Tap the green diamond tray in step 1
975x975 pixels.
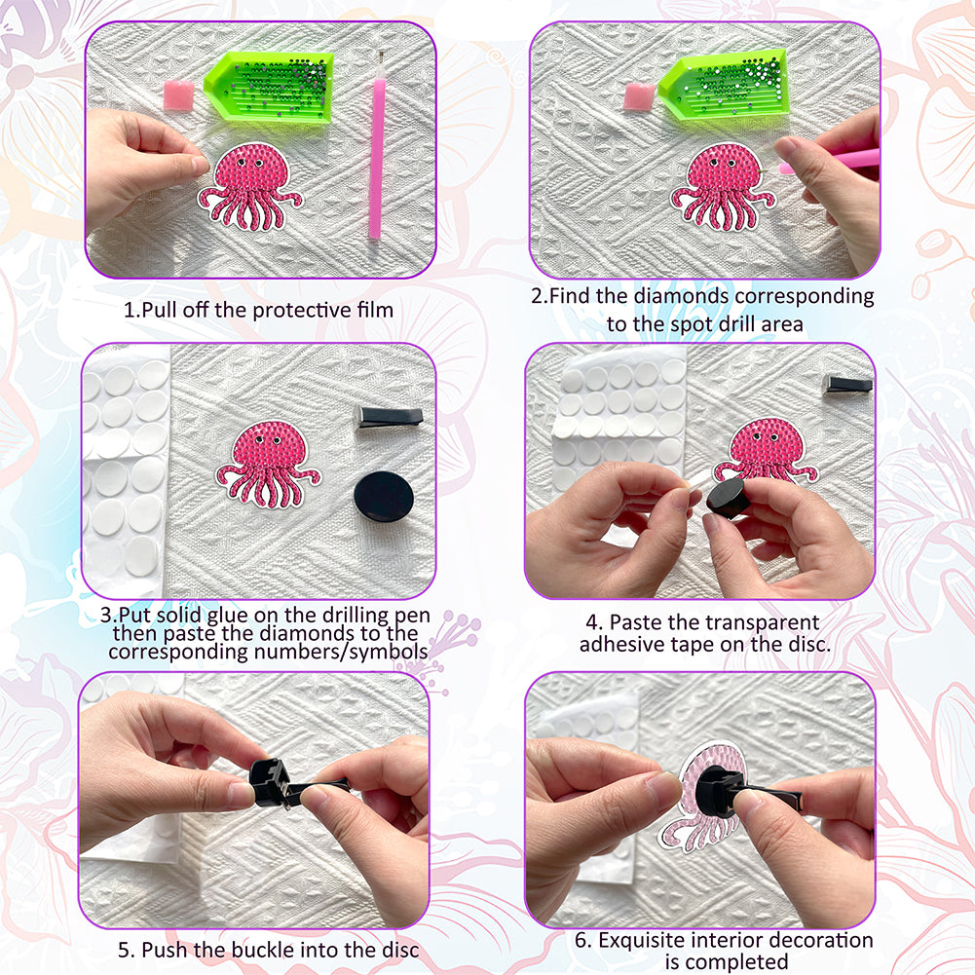coord(269,88)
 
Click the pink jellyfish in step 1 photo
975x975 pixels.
coord(250,187)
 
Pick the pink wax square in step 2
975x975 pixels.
coord(639,96)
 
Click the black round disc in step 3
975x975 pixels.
coord(384,497)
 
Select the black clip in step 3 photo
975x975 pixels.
coord(389,417)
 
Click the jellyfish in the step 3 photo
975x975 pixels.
coord(269,464)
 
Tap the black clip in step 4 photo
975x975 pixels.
coord(847,384)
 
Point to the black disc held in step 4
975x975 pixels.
coord(728,499)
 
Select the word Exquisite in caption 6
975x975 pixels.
coord(642,940)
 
